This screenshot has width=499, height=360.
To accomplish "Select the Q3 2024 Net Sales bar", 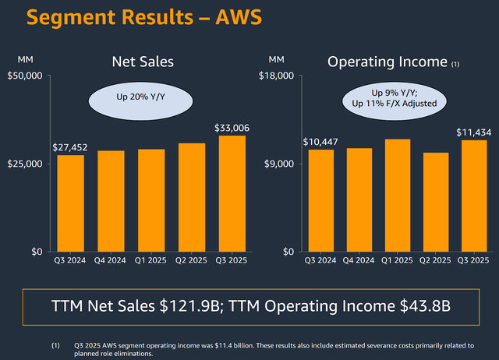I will pos(70,203).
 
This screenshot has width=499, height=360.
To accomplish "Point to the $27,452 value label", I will pos(70,147).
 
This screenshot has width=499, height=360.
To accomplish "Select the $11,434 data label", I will pos(474,132).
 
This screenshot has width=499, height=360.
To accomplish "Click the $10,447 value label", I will pos(321,142).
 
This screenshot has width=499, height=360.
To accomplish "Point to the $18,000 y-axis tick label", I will pos(278,76).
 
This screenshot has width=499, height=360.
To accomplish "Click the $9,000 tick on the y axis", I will pos(281,164).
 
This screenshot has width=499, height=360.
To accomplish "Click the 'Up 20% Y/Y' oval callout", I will pos(129,97).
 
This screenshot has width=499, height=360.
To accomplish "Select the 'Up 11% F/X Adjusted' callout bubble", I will pos(391,97).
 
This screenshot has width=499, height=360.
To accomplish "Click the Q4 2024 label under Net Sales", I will pos(110,260).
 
